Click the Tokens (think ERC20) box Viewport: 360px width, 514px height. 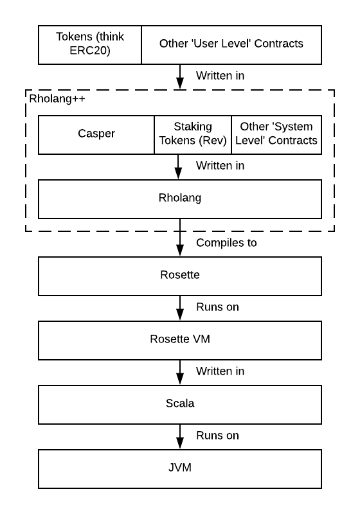(90, 45)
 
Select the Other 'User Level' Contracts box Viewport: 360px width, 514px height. (231, 45)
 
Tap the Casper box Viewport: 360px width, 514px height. (96, 135)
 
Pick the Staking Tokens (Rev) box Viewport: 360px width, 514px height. (193, 135)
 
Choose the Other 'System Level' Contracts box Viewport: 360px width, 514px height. (276, 135)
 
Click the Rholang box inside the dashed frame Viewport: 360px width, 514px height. (180, 199)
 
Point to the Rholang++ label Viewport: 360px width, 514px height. (57, 99)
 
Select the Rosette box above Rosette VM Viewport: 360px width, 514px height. (180, 276)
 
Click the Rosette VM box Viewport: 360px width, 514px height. (180, 341)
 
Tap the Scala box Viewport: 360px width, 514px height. (180, 405)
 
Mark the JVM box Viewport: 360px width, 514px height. (180, 469)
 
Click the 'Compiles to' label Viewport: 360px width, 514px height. (226, 243)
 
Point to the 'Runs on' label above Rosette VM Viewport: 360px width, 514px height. (217, 307)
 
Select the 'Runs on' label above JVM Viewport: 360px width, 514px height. (217, 436)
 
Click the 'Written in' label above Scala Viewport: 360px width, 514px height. (220, 371)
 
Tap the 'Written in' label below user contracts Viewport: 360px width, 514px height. (220, 75)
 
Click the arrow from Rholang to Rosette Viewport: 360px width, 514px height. (180, 238)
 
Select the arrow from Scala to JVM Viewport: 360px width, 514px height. (180, 437)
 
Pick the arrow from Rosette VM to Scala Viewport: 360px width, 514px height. (180, 373)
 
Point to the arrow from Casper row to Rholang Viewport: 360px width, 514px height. (178, 167)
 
